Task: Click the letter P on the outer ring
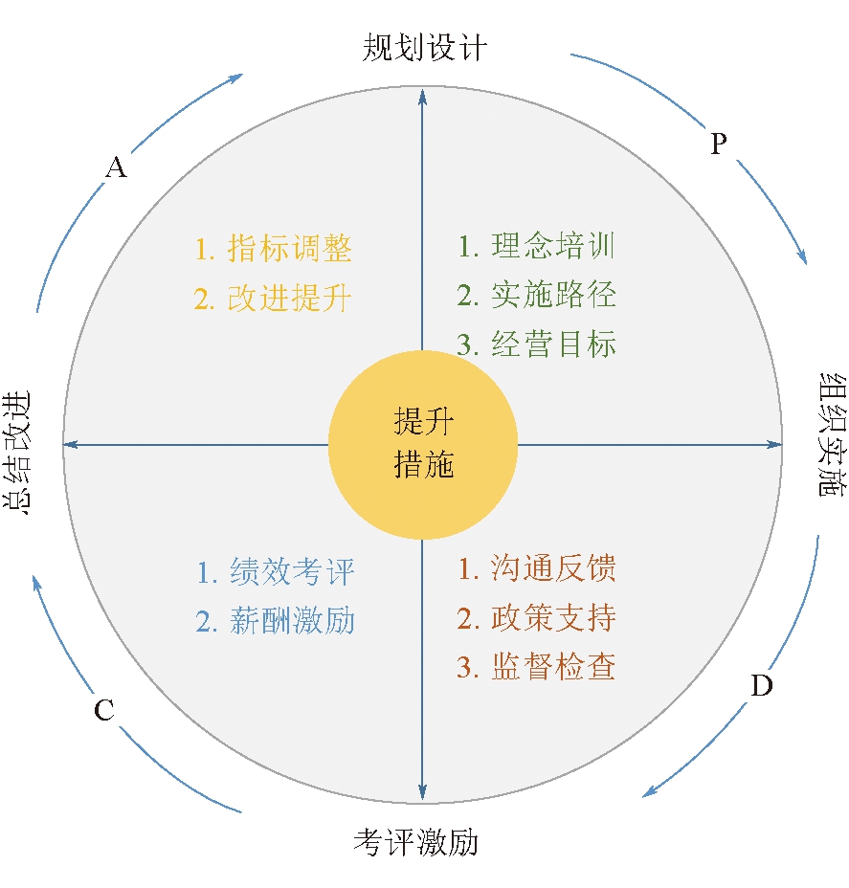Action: point(719,144)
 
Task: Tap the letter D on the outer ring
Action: point(761,686)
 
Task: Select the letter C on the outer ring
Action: point(104,710)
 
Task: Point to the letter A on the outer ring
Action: point(116,168)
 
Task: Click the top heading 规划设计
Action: point(424,48)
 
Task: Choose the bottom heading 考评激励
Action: point(415,843)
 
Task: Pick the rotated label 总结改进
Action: point(18,453)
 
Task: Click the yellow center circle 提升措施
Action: point(423,443)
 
